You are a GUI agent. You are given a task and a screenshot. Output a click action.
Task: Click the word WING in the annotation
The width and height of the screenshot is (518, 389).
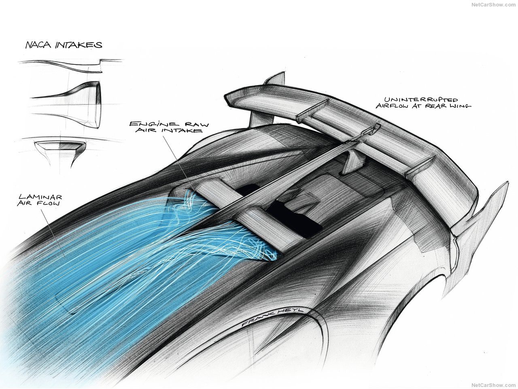tap(459, 106)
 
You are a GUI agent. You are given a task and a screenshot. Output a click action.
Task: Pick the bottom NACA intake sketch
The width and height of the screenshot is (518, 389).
tap(61, 150)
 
